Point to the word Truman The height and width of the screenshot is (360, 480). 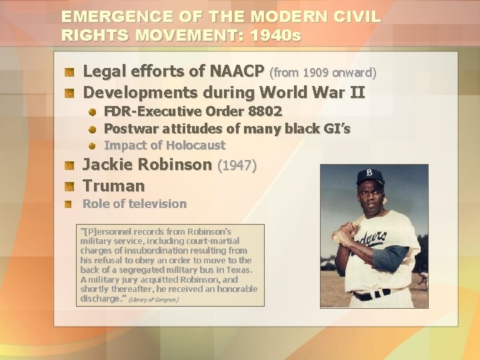point(113,185)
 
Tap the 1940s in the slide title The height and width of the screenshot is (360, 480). point(275,35)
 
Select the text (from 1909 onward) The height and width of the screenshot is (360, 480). point(323,71)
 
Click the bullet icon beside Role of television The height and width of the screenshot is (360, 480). point(69,204)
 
